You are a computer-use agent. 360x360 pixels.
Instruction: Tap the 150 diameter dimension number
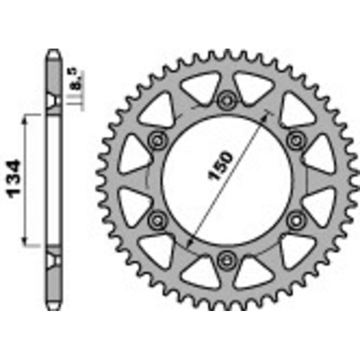coord(221,166)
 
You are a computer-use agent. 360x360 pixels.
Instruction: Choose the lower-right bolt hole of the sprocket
coord(295,220)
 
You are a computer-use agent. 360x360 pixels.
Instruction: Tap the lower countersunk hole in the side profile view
coord(54,259)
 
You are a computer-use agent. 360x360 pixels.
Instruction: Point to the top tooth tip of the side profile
coord(54,50)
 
